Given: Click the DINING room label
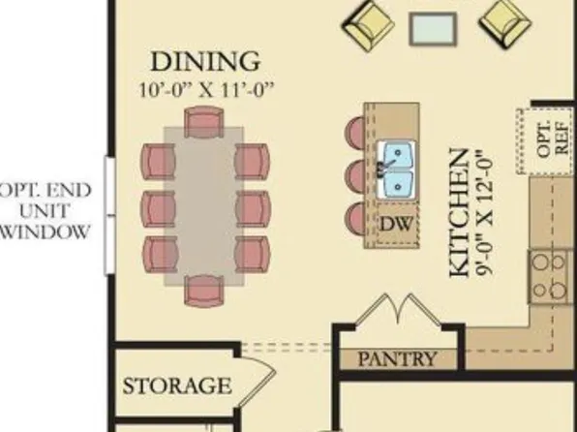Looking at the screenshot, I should coord(204,62).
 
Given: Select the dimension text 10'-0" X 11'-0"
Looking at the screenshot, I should coord(204,89).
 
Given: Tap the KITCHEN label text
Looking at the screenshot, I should coord(463,212).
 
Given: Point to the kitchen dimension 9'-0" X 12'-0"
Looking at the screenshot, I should coord(487,212).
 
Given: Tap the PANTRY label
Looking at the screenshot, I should coord(397,358).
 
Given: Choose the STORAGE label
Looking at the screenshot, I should coord(176,386).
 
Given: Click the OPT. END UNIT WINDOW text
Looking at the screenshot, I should coord(46,210).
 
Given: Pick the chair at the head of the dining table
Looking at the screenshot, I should coord(203,122).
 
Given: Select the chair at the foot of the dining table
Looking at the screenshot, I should coord(203,289).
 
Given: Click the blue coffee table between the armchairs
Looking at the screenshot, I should coord(433,29).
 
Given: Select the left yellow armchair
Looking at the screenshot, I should coord(367,25).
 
